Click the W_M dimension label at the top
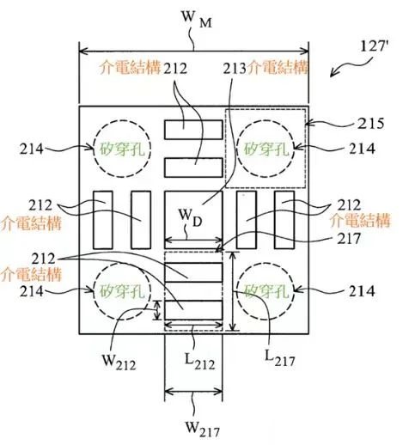[x=197, y=20]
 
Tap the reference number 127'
[x=373, y=46]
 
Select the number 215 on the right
[x=370, y=124]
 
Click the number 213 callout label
[x=235, y=69]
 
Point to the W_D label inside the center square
[x=191, y=217]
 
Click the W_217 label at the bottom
[x=203, y=429]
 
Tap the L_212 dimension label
[x=199, y=362]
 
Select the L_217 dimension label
[x=279, y=358]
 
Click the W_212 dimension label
[x=119, y=363]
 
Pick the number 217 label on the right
[x=349, y=238]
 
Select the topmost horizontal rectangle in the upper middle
[x=193, y=130]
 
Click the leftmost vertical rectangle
[x=103, y=220]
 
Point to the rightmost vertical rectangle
[x=284, y=220]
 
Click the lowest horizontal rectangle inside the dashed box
[x=193, y=310]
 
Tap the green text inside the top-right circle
[x=266, y=149]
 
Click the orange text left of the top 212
[x=130, y=68]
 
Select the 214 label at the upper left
[x=31, y=149]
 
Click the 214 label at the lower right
[x=362, y=291]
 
